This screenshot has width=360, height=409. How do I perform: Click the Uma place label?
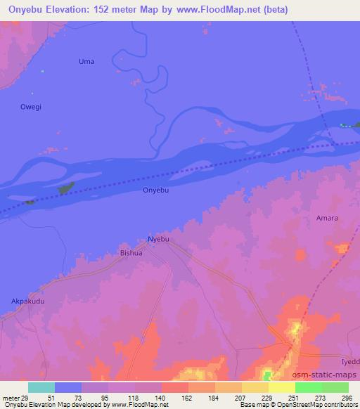pyautogui.click(x=86, y=62)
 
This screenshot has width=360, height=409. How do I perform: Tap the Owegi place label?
pyautogui.click(x=30, y=106)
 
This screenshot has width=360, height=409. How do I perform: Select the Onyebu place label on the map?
pyautogui.click(x=156, y=190)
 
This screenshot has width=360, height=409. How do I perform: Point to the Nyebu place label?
pyautogui.click(x=158, y=239)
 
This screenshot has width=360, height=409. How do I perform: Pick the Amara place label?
pyautogui.click(x=327, y=218)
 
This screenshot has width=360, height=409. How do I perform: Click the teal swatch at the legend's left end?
pyautogui.click(x=41, y=387)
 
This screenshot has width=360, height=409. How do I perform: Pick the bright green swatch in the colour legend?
pyautogui.click(x=308, y=387)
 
